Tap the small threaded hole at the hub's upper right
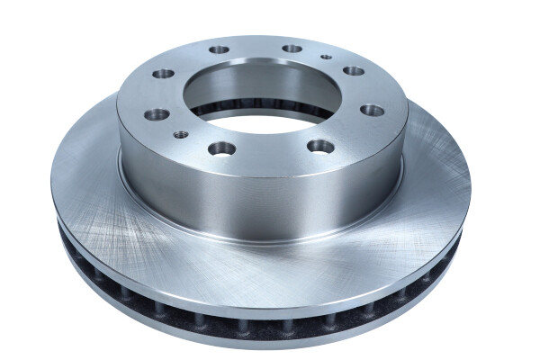[x=327, y=58]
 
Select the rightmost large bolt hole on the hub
[x=373, y=110]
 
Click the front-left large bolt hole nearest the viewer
[x=221, y=148]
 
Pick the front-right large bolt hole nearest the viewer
[x=320, y=146]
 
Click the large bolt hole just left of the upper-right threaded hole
[x=292, y=48]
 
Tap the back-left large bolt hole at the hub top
[x=218, y=51]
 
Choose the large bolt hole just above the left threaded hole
[x=157, y=113]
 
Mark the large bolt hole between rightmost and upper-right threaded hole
[x=354, y=70]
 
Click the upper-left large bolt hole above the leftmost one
[x=163, y=74]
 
